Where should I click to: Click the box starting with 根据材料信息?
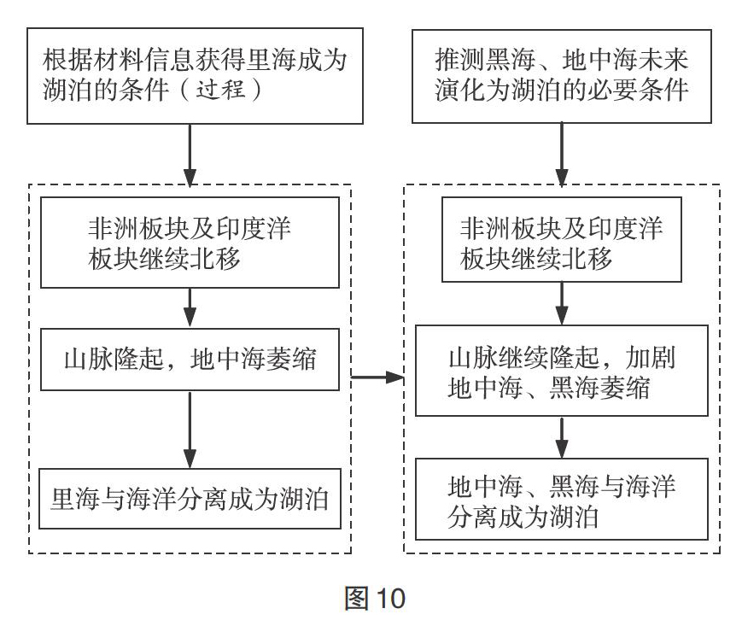coord(195,76)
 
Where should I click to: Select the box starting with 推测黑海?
coord(562,76)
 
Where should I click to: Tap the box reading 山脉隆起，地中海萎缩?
coord(190,360)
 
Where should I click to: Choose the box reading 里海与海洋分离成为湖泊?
coord(190,499)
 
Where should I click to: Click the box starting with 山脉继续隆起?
coord(562,371)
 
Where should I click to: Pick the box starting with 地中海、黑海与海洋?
coord(562,500)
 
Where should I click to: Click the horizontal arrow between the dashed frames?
coord(377,377)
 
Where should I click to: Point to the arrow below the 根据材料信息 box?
coord(190,155)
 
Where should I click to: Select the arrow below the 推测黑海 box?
coord(562,155)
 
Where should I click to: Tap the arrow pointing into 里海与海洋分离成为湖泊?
coord(190,430)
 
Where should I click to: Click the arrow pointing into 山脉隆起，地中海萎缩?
coord(190,308)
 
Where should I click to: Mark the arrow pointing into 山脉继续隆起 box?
coord(562,303)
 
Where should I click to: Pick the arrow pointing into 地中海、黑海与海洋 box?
coord(562,437)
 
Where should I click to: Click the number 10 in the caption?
coord(391,599)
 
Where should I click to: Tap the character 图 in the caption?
coord(356,599)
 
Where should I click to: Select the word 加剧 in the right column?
coord(650,358)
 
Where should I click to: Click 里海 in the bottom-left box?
coord(75,500)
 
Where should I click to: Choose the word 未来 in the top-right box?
coord(663,60)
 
